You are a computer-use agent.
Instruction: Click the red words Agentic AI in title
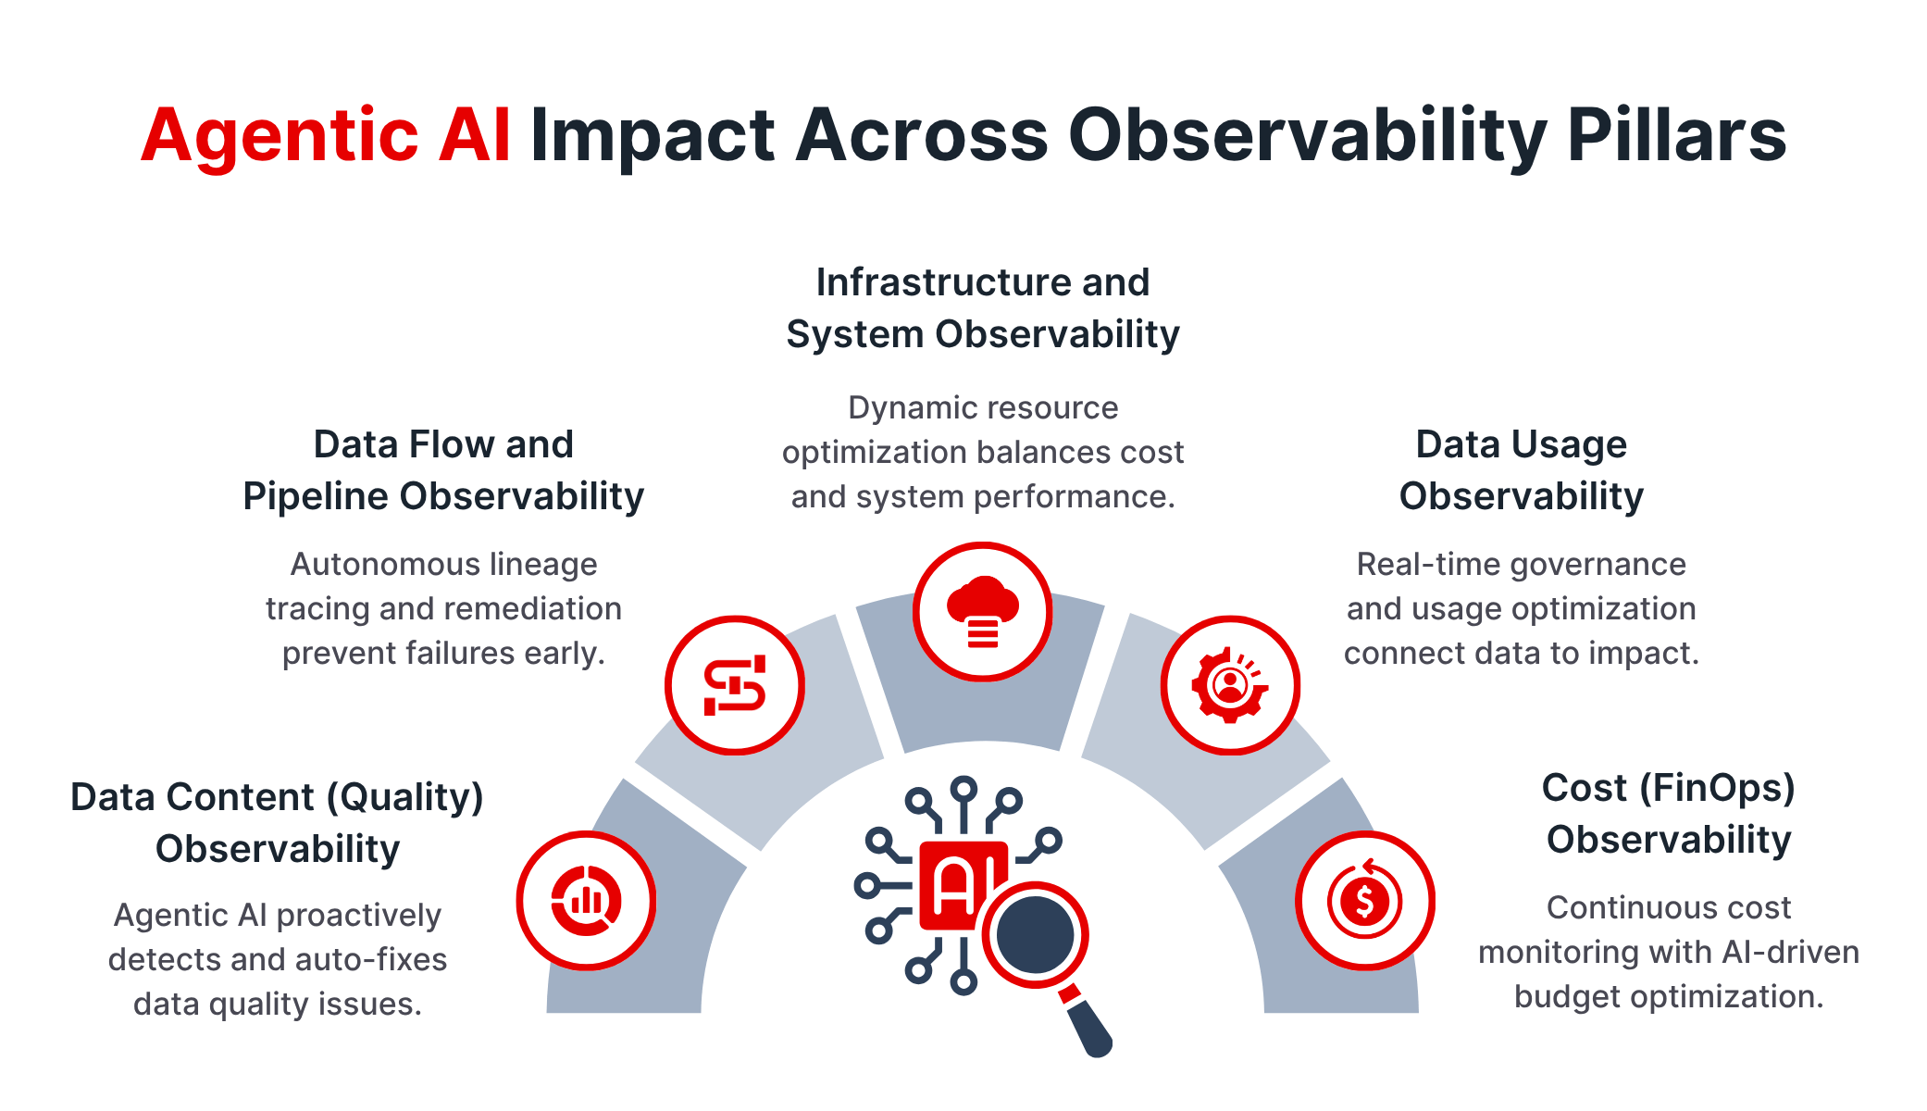coord(325,136)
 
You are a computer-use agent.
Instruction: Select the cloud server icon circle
coord(982,612)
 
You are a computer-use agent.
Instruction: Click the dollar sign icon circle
coord(1364,900)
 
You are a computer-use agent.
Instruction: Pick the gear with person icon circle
coord(1230,685)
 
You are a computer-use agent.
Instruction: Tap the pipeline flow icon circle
coord(735,685)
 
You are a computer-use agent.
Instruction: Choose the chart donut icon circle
coord(586,900)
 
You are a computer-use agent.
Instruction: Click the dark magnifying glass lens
coord(1035,935)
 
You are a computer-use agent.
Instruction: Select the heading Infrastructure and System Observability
coord(982,308)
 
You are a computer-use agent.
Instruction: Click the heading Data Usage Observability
coord(1521,470)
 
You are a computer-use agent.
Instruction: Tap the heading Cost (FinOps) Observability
coord(1668,814)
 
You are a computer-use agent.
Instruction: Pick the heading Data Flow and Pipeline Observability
coord(443,470)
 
